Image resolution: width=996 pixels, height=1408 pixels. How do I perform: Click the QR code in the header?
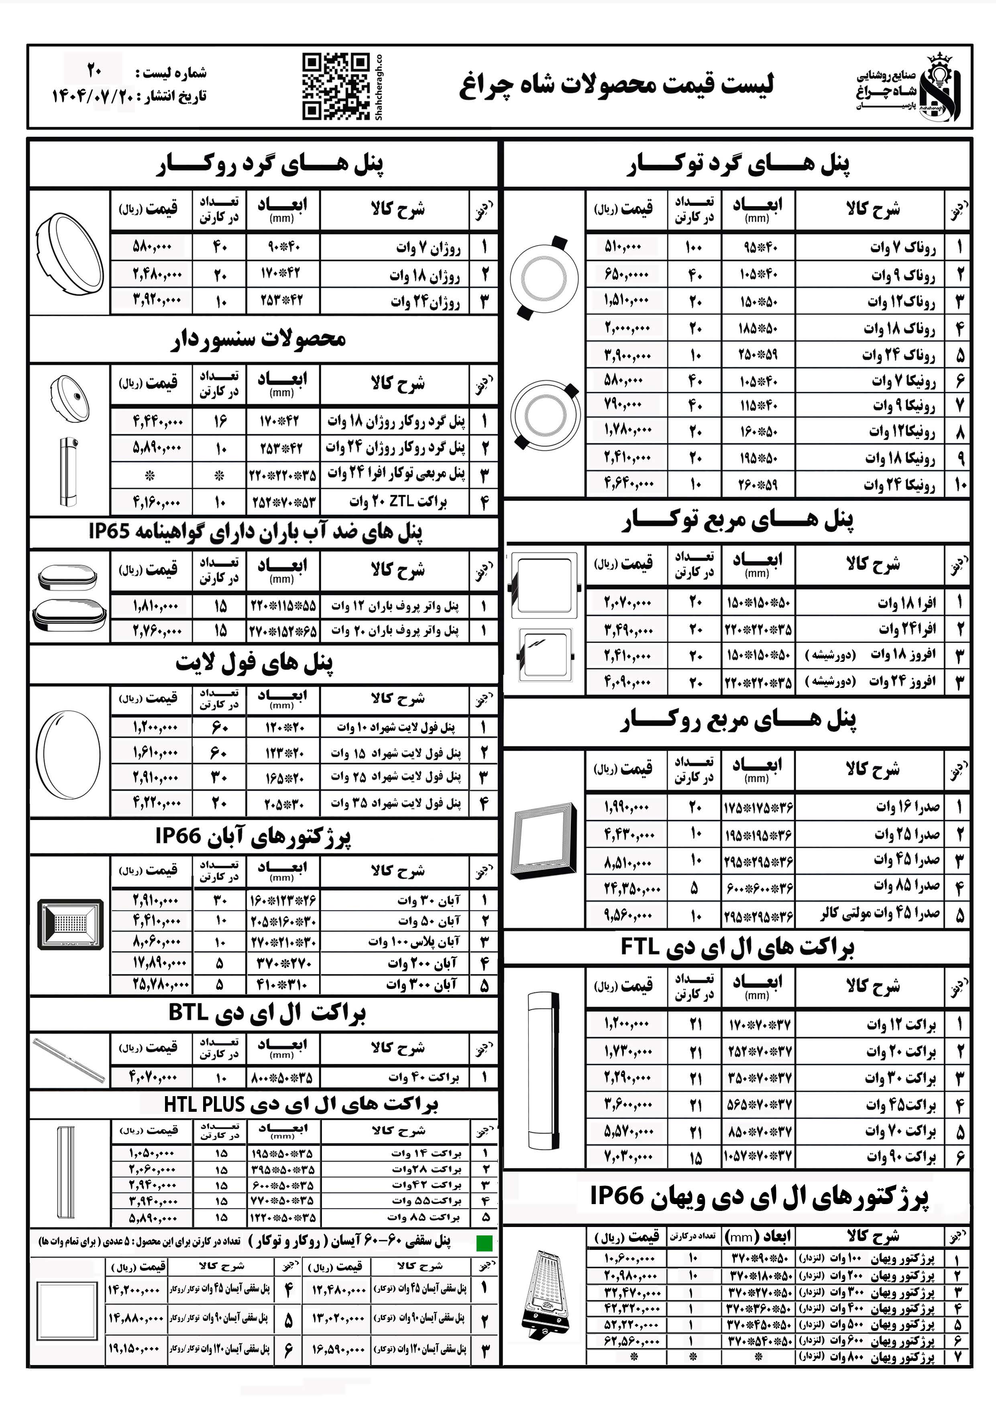coord(336,86)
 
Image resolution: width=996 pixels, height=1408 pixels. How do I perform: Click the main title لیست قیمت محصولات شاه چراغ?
coord(616,85)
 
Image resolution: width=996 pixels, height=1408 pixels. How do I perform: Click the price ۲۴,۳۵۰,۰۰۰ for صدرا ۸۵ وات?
coord(632,888)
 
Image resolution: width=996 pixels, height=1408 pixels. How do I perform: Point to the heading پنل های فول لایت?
coord(255,663)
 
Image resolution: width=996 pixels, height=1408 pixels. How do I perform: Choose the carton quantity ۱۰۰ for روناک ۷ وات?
coord(694,247)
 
